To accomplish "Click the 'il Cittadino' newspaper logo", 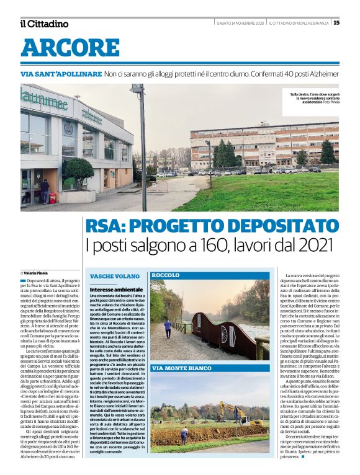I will point(44,24).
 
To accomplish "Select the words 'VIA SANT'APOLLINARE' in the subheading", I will point(60,74).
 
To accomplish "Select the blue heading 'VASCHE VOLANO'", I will point(115,275).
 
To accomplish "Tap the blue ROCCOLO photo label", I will point(166,275).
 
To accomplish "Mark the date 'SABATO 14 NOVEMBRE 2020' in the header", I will point(240,23).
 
